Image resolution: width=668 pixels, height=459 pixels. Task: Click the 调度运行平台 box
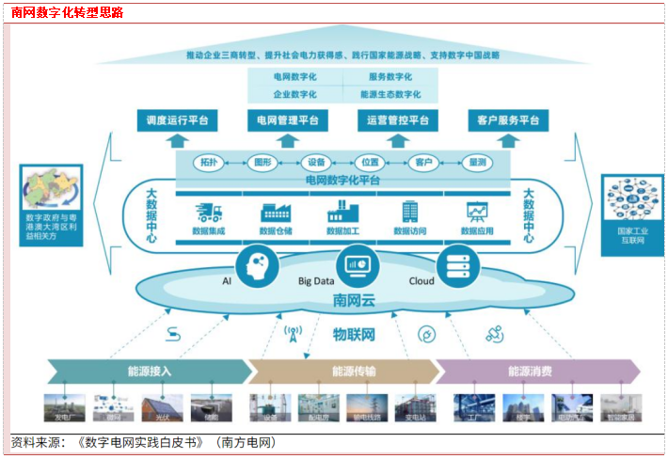[x=176, y=120]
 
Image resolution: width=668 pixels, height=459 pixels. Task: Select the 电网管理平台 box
[x=287, y=120]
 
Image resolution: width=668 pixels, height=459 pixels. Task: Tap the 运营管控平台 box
[x=397, y=120]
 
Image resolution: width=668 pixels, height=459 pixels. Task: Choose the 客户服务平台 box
[x=508, y=120]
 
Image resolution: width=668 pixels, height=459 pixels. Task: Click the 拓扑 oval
[x=207, y=162]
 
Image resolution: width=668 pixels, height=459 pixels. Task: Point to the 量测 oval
[x=477, y=162]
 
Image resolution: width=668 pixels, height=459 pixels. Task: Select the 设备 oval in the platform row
[x=316, y=162]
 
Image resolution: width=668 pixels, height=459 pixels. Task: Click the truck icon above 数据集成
[x=209, y=212]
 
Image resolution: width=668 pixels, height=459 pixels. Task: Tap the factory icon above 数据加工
[x=342, y=212]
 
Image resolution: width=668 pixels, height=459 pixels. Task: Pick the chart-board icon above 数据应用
[x=477, y=212]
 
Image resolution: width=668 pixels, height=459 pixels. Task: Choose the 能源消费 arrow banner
[x=529, y=371]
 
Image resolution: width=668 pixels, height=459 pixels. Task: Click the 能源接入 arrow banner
[x=151, y=371]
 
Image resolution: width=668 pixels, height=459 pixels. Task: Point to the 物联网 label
[x=354, y=334]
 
